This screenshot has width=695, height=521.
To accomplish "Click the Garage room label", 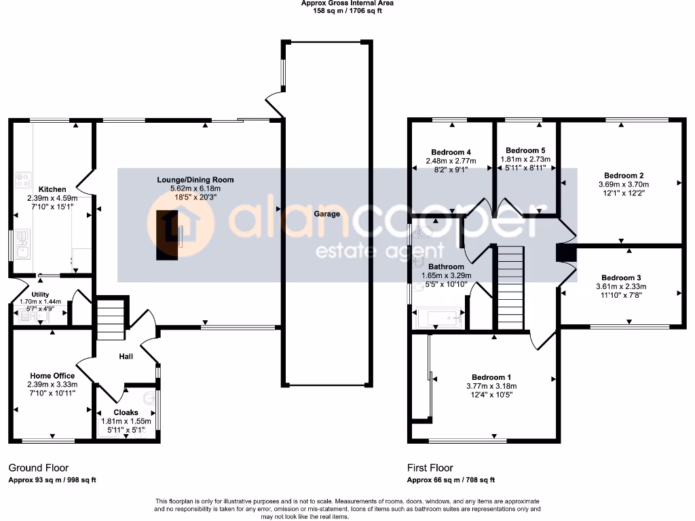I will coord(326,214).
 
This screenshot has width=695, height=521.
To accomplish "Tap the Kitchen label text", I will coord(52,189).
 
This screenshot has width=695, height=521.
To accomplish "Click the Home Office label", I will coord(52,375).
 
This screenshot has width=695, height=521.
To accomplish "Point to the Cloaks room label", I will coord(126,412).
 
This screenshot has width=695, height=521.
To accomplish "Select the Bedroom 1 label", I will coord(491,377).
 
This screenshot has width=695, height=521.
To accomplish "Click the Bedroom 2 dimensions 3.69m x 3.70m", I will coord(623,185).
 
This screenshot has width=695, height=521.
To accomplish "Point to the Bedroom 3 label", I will coord(621,277).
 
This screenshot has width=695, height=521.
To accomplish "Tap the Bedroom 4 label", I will coord(451,152).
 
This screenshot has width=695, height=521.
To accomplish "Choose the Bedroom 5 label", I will coord(525,150).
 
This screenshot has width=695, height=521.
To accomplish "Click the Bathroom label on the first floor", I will coord(446,267).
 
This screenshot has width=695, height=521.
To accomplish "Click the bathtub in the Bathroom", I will coord(438,317).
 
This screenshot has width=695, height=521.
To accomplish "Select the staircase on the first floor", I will coord(511,288).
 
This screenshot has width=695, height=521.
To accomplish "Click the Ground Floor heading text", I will coord(38,467).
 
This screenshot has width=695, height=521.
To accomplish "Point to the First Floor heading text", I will coord(430,467).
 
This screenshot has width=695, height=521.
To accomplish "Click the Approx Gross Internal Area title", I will coord(347,3).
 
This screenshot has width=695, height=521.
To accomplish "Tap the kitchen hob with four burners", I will coord(23,179).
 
